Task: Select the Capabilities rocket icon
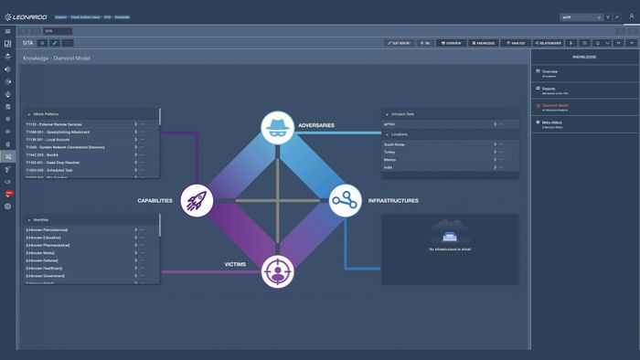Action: coord(197,199)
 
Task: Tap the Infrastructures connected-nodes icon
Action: coord(346,199)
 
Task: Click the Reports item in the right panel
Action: coord(549,89)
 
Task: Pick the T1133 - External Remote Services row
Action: coord(55,124)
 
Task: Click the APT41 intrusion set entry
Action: coord(390,123)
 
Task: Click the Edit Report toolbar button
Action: coord(400,43)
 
